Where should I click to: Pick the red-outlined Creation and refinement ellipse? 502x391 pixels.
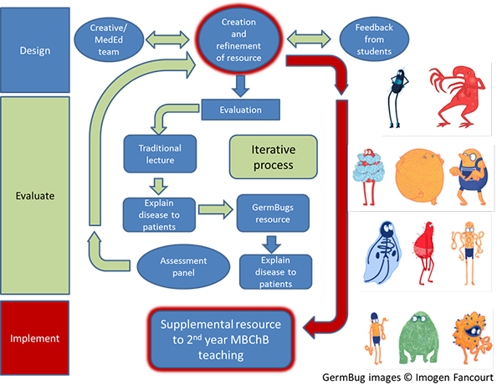[241, 43]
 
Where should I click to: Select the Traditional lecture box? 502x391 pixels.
[159, 154]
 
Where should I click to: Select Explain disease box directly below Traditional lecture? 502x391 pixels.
[159, 213]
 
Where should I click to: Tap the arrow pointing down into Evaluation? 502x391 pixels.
[240, 85]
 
